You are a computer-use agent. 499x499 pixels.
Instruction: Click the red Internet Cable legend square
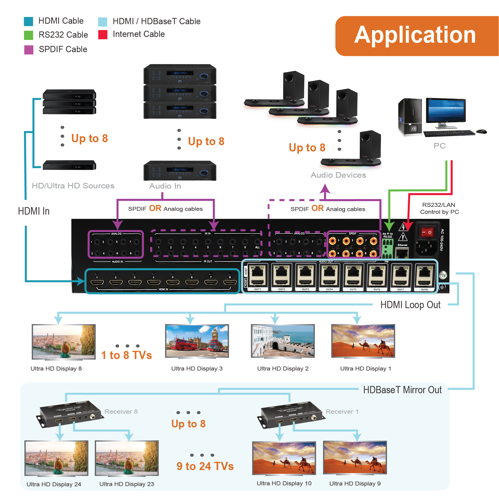pyautogui.click(x=103, y=35)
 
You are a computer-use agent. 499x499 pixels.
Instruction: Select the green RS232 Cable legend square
pyautogui.click(x=28, y=35)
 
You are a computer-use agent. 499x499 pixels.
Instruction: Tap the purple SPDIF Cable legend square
pyautogui.click(x=29, y=50)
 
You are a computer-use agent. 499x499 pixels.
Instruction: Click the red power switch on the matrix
pyautogui.click(x=426, y=232)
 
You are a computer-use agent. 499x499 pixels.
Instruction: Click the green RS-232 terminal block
pyautogui.click(x=387, y=249)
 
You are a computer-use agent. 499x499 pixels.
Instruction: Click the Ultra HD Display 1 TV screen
pyautogui.click(x=363, y=341)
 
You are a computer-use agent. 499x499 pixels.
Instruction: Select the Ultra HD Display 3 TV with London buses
pyautogui.click(x=197, y=341)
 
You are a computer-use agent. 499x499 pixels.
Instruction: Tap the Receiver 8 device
pyautogui.click(x=70, y=413)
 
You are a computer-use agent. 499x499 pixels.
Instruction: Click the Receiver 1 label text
pyautogui.click(x=342, y=411)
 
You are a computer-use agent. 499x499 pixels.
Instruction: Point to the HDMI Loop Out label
pyautogui.click(x=410, y=305)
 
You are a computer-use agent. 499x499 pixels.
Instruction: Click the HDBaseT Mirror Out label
pyautogui.click(x=402, y=390)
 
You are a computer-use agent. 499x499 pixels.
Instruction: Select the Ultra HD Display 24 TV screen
pyautogui.click(x=56, y=458)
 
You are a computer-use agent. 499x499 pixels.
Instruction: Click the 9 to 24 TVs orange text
pyautogui.click(x=205, y=466)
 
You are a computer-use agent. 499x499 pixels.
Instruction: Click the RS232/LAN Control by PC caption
pyautogui.click(x=439, y=208)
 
